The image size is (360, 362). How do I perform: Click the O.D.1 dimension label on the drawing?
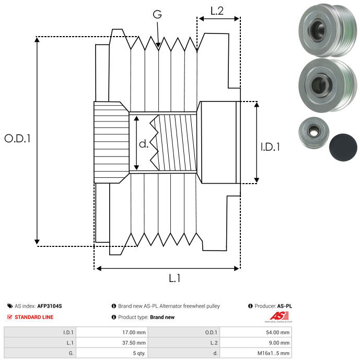coord(17,139)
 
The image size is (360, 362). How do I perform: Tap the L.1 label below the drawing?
coord(175,278)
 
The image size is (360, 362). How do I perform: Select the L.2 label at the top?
coord(217,10)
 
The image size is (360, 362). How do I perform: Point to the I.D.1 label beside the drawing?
coord(270,148)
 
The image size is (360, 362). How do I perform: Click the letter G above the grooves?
coord(157,15)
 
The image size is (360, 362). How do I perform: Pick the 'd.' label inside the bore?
coord(144,144)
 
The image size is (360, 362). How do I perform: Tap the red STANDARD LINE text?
coord(34,317)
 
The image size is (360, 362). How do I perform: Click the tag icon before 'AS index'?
coord(10,306)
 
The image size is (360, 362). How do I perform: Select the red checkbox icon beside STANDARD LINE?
coord(10,317)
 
